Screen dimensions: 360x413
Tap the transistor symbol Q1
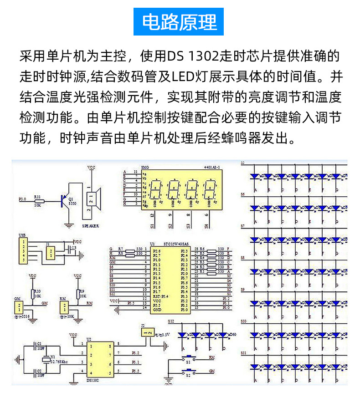64,199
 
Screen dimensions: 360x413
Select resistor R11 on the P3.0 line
39,200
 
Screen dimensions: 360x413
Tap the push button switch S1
188,357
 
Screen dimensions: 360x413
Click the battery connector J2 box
147,333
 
